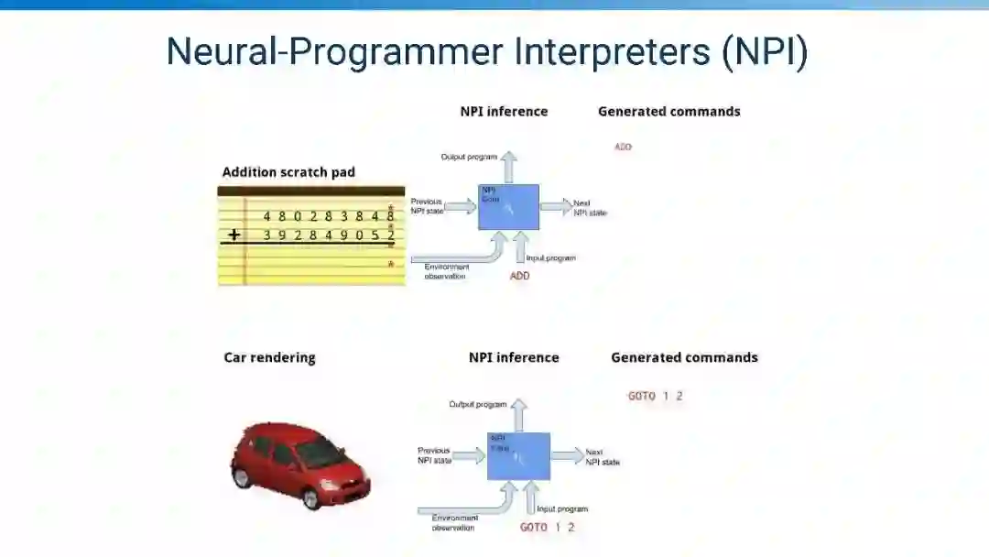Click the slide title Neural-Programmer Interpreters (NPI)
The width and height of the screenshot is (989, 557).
486,51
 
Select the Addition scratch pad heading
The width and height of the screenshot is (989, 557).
288,172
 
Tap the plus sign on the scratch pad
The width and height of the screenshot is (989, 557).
234,235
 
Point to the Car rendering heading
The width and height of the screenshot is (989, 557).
269,357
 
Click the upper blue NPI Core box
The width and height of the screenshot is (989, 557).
509,207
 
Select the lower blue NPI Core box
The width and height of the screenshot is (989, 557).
518,455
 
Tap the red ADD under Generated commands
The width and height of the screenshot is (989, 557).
623,147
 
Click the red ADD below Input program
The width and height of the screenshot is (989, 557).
519,275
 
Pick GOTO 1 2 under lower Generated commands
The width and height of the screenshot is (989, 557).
655,396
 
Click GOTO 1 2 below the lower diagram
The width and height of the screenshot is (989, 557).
548,527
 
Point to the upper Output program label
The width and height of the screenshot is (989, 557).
469,157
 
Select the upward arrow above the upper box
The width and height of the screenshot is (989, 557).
509,166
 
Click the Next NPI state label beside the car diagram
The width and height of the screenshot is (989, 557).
603,457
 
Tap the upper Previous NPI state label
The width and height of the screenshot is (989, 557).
427,205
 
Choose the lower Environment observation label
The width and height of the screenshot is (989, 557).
454,523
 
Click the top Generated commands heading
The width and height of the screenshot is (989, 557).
668,112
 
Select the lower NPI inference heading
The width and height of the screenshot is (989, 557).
513,357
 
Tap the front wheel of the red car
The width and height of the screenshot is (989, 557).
311,498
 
